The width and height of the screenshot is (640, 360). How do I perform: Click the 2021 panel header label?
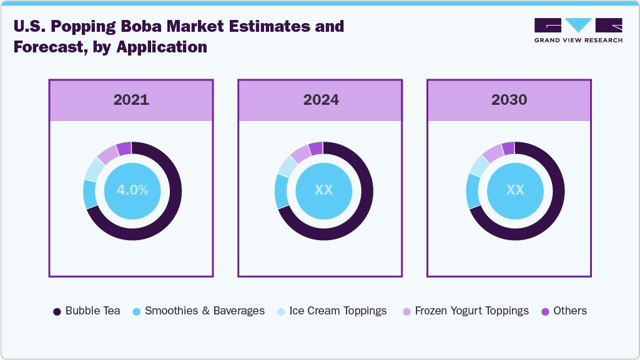[131, 100]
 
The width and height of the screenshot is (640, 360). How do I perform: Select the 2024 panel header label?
[321, 100]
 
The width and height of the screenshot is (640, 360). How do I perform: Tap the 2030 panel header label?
[509, 100]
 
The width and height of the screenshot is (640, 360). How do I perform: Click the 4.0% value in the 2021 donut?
[132, 190]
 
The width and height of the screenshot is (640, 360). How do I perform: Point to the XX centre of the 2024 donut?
[323, 190]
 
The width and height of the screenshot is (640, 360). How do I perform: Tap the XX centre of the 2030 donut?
[515, 190]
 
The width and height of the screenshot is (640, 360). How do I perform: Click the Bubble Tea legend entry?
[87, 311]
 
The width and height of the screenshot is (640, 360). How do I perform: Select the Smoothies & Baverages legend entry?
[199, 311]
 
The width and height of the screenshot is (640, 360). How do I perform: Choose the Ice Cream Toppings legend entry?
[332, 311]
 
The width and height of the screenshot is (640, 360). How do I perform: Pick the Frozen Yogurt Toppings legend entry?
[465, 311]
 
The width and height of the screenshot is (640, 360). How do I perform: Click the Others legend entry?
[564, 311]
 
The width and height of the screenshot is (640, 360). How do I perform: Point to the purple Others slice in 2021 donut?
[124, 148]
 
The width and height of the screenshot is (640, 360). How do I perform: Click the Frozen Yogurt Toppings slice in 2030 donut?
[493, 153]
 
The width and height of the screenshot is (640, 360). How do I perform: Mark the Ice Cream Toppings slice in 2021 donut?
[94, 168]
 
